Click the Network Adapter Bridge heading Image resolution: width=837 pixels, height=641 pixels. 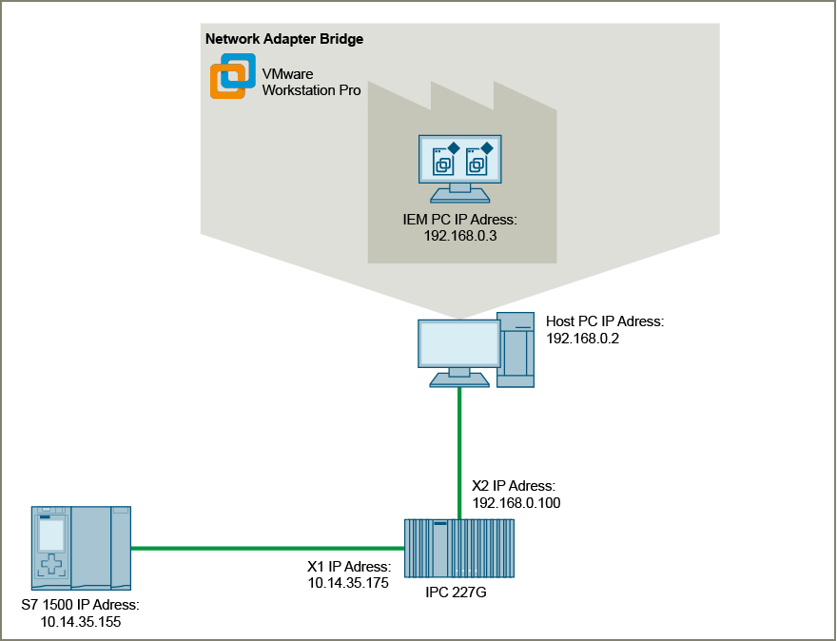click(284, 40)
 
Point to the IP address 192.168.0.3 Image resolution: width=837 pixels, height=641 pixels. click(460, 234)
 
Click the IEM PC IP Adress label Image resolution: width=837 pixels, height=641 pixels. click(460, 219)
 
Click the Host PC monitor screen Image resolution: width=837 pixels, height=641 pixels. click(459, 344)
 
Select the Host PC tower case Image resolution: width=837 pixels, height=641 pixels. click(516, 348)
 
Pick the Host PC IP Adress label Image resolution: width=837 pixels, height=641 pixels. click(605, 322)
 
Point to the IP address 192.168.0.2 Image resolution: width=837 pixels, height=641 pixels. click(583, 338)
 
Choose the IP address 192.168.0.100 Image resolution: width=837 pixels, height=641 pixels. click(516, 502)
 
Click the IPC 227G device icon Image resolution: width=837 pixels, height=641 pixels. click(458, 548)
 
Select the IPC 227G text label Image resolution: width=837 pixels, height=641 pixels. click(459, 593)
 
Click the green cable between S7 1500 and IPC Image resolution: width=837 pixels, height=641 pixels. click(266, 548)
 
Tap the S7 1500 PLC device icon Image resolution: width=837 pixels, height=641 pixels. click(80, 548)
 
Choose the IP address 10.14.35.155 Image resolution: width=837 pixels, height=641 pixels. click(80, 622)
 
